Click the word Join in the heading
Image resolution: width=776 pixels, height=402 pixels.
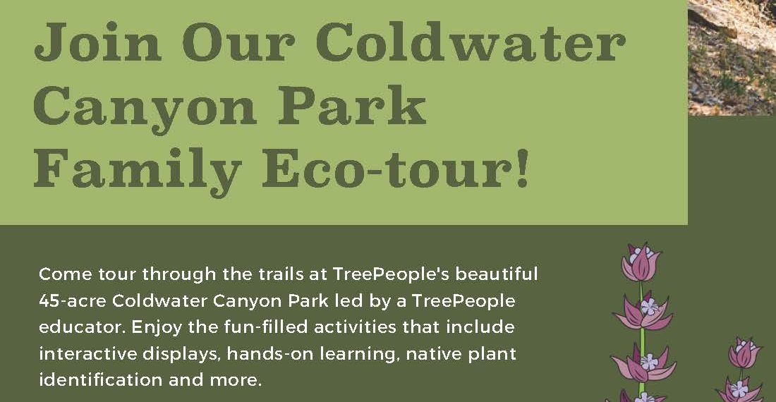(98, 42)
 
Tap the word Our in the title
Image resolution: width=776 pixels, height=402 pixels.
(238, 42)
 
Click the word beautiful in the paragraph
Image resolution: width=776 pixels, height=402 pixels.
(497, 274)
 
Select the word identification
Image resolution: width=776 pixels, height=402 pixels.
(100, 379)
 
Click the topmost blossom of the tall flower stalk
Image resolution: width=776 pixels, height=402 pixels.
(641, 262)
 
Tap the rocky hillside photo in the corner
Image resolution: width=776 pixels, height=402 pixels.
(732, 57)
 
